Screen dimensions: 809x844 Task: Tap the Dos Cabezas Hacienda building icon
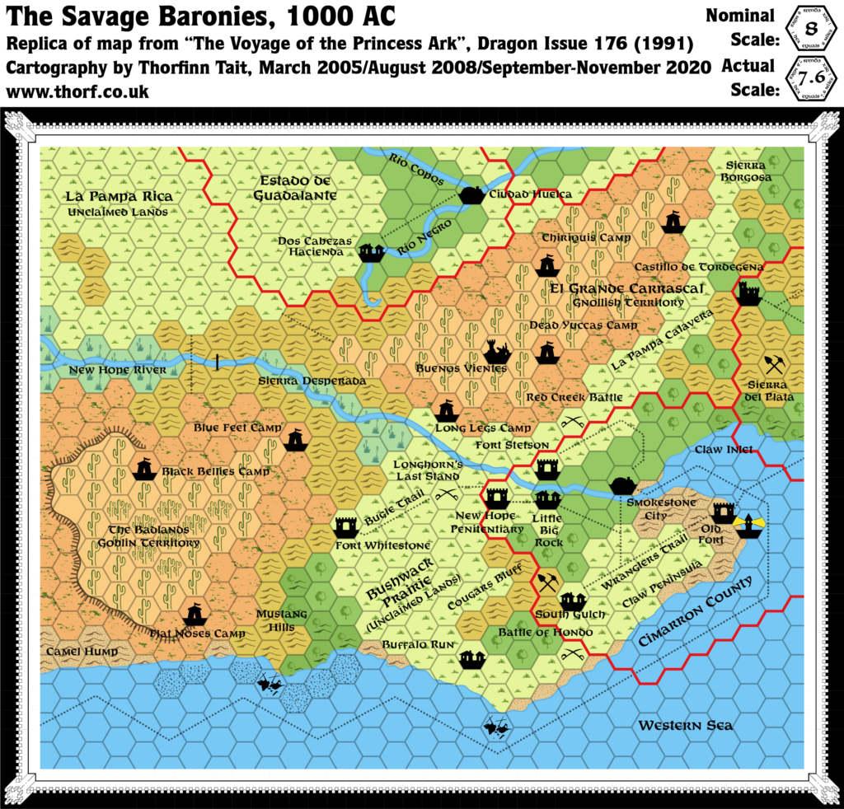click(x=373, y=251)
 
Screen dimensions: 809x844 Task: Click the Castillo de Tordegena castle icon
click(x=748, y=293)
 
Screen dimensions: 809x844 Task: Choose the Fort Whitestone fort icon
click(x=345, y=525)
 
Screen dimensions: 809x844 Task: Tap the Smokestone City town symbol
click(x=621, y=485)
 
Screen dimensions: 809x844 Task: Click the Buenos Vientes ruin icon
click(x=497, y=352)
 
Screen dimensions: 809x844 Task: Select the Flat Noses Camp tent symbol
click(x=195, y=613)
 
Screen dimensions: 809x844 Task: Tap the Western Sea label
click(x=685, y=726)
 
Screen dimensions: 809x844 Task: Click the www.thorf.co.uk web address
click(x=78, y=93)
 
